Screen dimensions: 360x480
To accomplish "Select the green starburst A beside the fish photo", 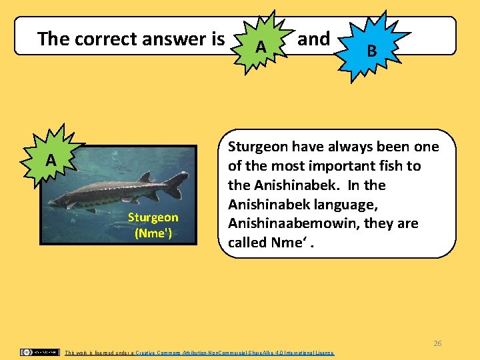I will click(x=51, y=160).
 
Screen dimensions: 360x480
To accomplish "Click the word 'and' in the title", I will click(x=313, y=39).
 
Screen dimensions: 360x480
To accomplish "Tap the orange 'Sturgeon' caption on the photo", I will click(x=153, y=217).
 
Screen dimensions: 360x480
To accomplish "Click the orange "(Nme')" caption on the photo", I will click(x=153, y=233).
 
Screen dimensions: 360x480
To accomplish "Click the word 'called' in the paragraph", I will click(x=248, y=243).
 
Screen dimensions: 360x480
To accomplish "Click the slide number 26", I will click(x=437, y=343).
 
